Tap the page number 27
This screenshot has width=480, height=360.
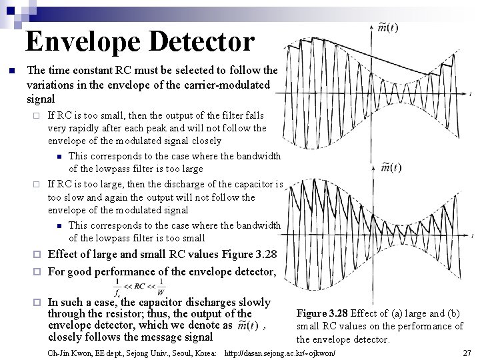(467, 351)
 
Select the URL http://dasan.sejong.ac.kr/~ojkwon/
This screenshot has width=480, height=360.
(281, 351)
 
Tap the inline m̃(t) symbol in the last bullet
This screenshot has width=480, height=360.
(247, 325)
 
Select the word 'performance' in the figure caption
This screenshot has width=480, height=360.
(413, 326)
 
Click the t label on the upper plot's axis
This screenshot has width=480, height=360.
(472, 95)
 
